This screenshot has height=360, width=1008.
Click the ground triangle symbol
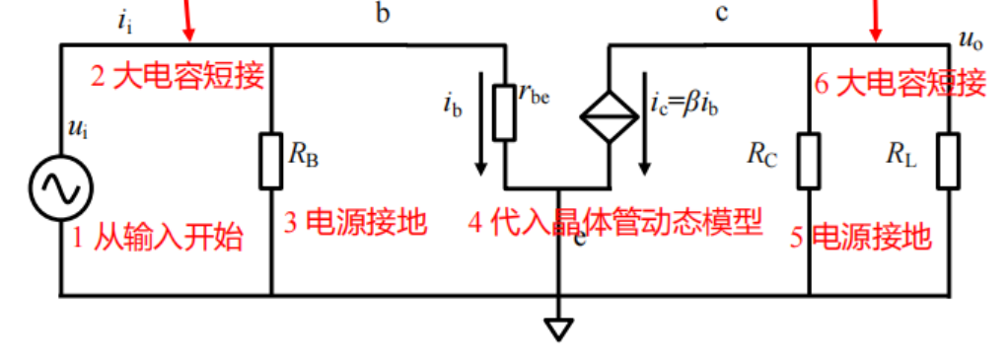559,328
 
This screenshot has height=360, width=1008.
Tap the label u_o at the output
972,37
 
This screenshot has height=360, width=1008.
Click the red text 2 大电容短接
179,76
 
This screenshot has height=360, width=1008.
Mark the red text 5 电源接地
860,237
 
